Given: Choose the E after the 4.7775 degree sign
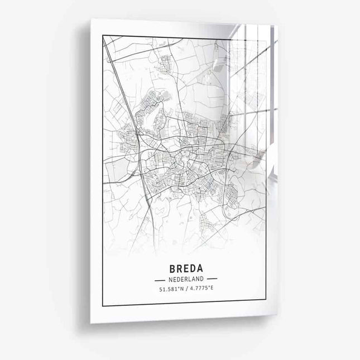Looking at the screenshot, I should (211, 289).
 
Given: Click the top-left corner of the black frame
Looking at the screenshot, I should (103, 35).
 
